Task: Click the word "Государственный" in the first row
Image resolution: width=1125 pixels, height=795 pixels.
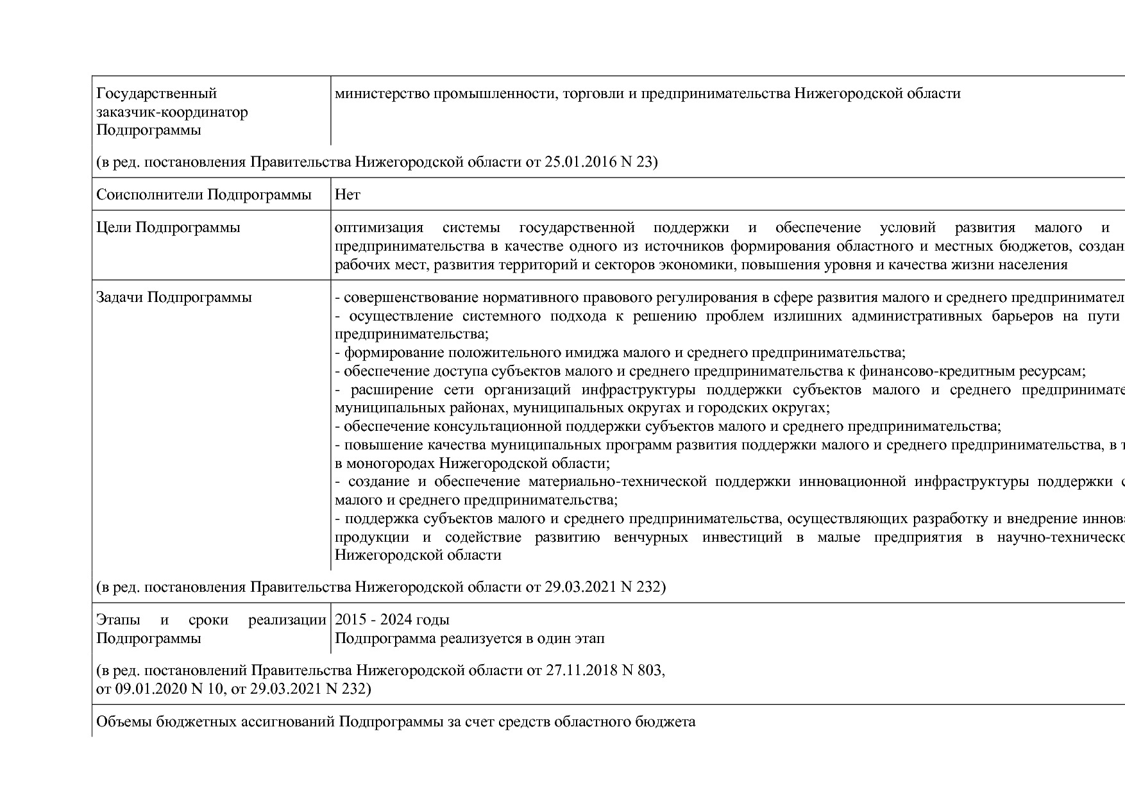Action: [x=156, y=94]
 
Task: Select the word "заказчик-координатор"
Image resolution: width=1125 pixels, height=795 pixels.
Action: [x=172, y=112]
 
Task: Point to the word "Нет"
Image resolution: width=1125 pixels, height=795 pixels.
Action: [x=348, y=194]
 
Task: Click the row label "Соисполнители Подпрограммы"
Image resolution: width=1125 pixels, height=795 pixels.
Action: [x=204, y=194]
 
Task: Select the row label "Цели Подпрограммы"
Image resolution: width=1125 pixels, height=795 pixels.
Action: [x=168, y=228]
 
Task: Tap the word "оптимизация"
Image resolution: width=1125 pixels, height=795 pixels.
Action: [x=379, y=228]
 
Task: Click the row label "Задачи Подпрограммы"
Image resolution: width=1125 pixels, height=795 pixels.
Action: [x=174, y=297]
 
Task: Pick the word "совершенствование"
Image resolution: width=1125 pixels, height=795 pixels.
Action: [x=410, y=297]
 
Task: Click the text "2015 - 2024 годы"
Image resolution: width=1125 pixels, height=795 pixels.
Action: [x=392, y=620]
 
